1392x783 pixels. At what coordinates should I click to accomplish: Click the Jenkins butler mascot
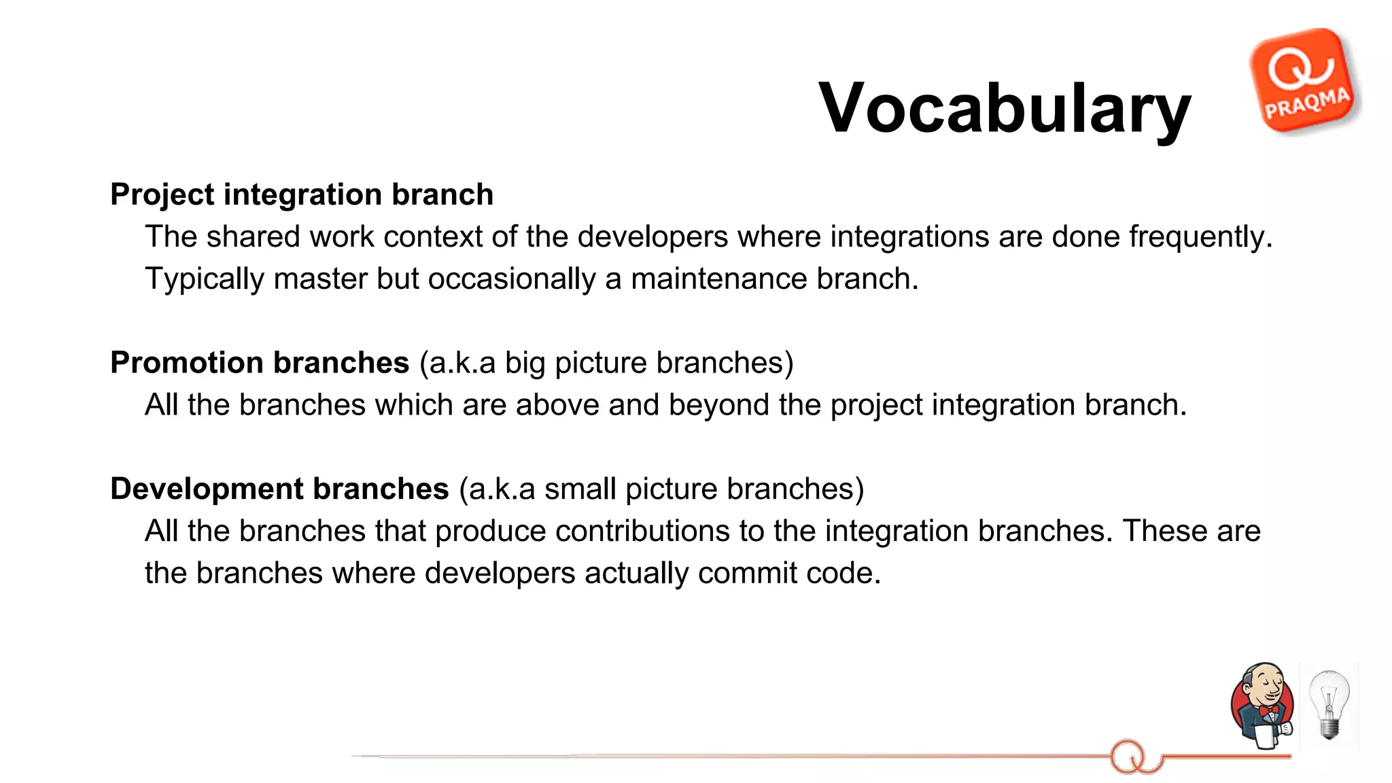[1262, 705]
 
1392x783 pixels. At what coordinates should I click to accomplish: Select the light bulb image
[1329, 705]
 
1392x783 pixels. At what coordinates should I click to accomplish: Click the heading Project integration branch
[302, 194]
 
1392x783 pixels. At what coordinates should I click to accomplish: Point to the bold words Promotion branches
[260, 362]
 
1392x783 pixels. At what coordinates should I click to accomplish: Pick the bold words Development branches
[279, 489]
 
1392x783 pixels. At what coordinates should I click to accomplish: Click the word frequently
[1200, 237]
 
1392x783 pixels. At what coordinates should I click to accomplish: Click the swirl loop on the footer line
[1128, 756]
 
